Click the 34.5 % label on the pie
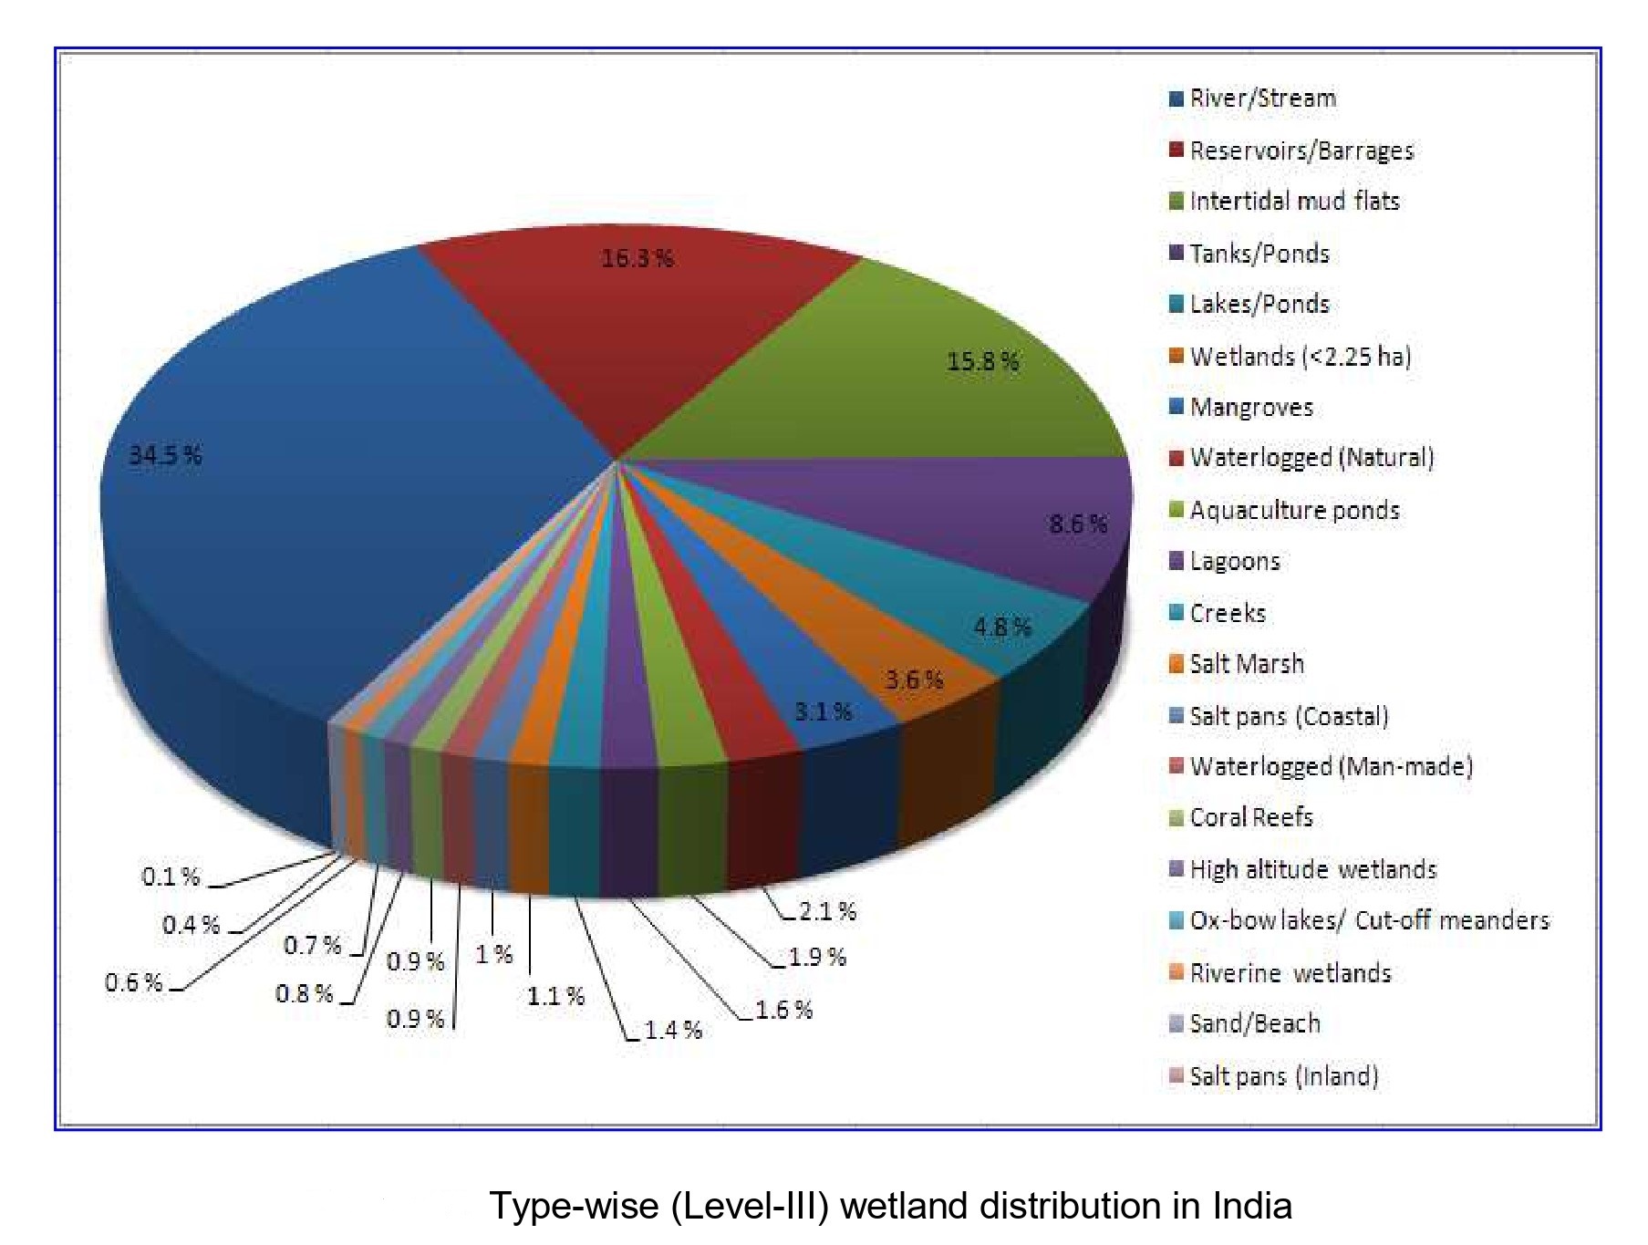pos(165,455)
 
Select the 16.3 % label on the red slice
pos(637,259)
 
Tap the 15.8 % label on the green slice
pos(983,362)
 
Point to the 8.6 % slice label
pos(1078,524)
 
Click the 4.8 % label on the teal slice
pos(1002,628)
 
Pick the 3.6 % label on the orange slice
pos(914,680)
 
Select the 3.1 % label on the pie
pos(823,711)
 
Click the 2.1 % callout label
pos(827,911)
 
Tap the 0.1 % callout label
pos(171,877)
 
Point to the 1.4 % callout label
pos(673,1031)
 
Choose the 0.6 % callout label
pos(134,983)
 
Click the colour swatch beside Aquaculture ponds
pos(1176,510)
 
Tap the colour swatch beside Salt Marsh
pos(1176,664)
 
